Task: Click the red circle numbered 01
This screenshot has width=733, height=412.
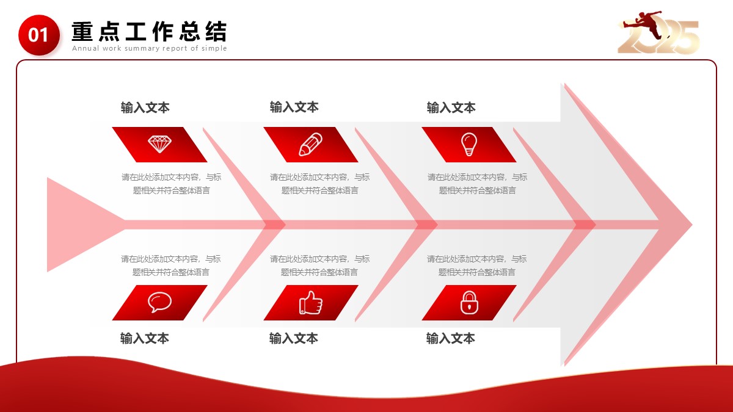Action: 39,35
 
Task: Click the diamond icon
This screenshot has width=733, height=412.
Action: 159,144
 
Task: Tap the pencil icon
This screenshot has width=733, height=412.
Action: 310,144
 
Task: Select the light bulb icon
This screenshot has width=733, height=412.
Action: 469,144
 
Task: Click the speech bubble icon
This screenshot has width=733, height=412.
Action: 159,302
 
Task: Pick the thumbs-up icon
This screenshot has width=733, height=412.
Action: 310,303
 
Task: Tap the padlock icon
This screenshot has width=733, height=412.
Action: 469,303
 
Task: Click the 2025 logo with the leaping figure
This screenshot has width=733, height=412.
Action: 658,33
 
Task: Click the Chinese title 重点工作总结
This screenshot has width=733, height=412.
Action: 149,31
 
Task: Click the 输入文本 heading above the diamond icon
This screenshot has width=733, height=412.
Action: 145,107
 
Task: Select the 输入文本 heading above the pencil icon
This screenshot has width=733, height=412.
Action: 294,107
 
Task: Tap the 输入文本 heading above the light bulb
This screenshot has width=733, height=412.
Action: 451,107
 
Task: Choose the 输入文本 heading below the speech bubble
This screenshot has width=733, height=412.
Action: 145,338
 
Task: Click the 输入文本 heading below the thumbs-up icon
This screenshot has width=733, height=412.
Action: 294,338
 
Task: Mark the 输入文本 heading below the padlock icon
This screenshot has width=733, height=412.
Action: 450,338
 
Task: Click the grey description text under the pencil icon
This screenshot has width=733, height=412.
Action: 319,184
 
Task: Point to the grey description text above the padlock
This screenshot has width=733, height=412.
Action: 477,266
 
